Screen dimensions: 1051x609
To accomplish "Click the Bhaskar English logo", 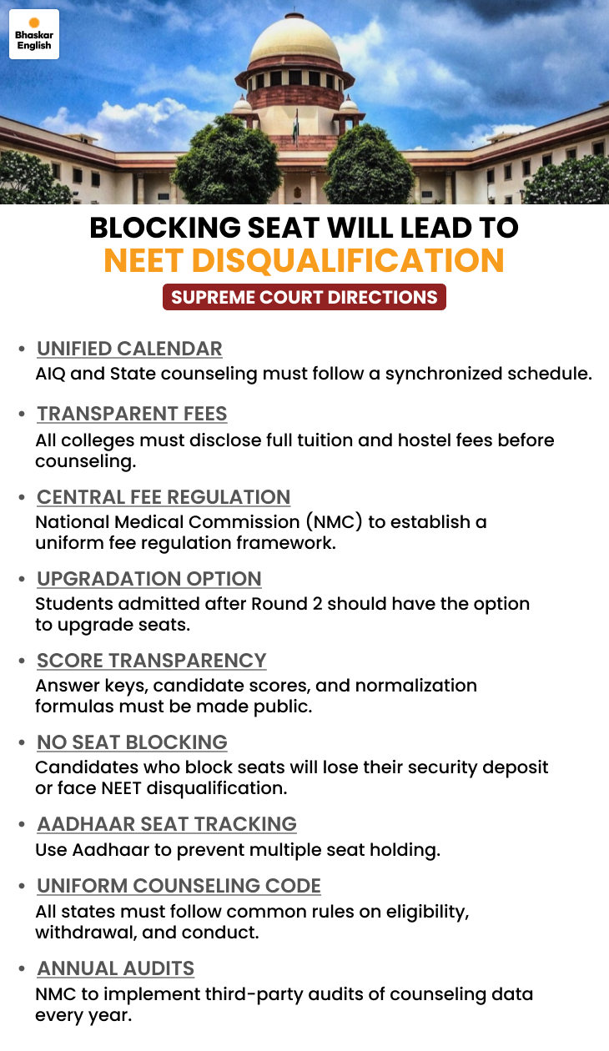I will coord(34,34).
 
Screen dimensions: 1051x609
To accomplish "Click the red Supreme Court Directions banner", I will coord(304,297).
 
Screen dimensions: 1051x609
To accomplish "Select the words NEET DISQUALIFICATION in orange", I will coord(304,260).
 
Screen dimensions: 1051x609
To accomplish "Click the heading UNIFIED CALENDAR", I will coord(129,349).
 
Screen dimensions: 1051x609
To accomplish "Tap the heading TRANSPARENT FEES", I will coord(132,414).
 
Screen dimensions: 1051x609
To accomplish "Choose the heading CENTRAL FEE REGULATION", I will coord(164,497).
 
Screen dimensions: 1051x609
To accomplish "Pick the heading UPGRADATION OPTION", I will coord(149,579).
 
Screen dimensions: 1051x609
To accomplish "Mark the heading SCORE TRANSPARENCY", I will coord(152,661).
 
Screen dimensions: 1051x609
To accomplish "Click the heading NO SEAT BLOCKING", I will coord(132,742).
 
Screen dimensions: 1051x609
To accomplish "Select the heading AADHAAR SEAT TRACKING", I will coord(167,824).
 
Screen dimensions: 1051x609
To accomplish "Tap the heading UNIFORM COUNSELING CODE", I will coord(179,886).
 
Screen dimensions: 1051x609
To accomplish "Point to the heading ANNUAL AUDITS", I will coord(115,968).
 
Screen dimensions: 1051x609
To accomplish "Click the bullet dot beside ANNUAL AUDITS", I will coord(21,969).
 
